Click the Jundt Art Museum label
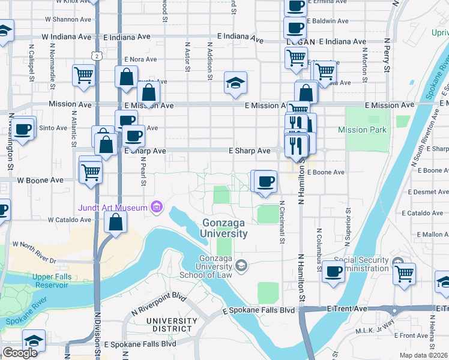tap(112, 208)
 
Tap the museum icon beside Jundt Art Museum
tap(156, 208)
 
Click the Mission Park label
tap(362, 130)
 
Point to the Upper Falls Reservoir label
tap(42, 280)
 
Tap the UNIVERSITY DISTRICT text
tap(171, 325)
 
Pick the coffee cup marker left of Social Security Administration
tap(333, 271)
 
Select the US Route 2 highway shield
tap(97, 56)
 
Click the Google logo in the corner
tap(20, 353)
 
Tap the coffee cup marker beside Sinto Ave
tap(23, 129)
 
